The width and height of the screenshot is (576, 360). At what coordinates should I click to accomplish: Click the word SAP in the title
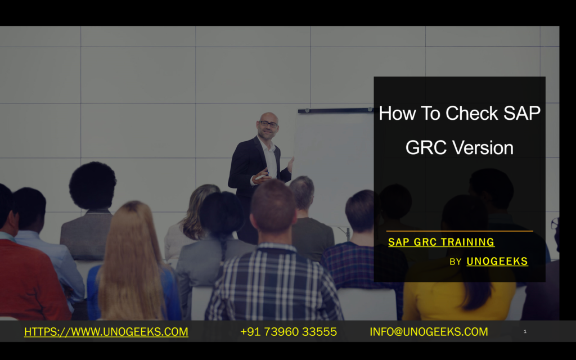(522, 114)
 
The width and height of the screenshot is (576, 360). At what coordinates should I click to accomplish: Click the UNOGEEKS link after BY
(497, 261)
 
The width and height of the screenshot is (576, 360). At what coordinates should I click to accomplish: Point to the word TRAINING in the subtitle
(468, 242)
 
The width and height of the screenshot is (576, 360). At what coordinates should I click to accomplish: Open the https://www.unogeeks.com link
(106, 332)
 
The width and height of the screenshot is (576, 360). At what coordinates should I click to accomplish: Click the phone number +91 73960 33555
(289, 332)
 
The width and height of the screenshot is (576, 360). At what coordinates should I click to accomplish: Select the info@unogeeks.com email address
(429, 332)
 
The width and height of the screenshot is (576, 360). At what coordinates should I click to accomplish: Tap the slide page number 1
(525, 332)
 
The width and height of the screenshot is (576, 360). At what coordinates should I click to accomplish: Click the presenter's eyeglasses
(268, 124)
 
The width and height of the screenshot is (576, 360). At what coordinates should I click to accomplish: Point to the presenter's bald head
(268, 117)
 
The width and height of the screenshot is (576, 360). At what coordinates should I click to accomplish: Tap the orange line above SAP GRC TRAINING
(460, 231)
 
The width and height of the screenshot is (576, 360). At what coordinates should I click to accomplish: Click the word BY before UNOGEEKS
(456, 262)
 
